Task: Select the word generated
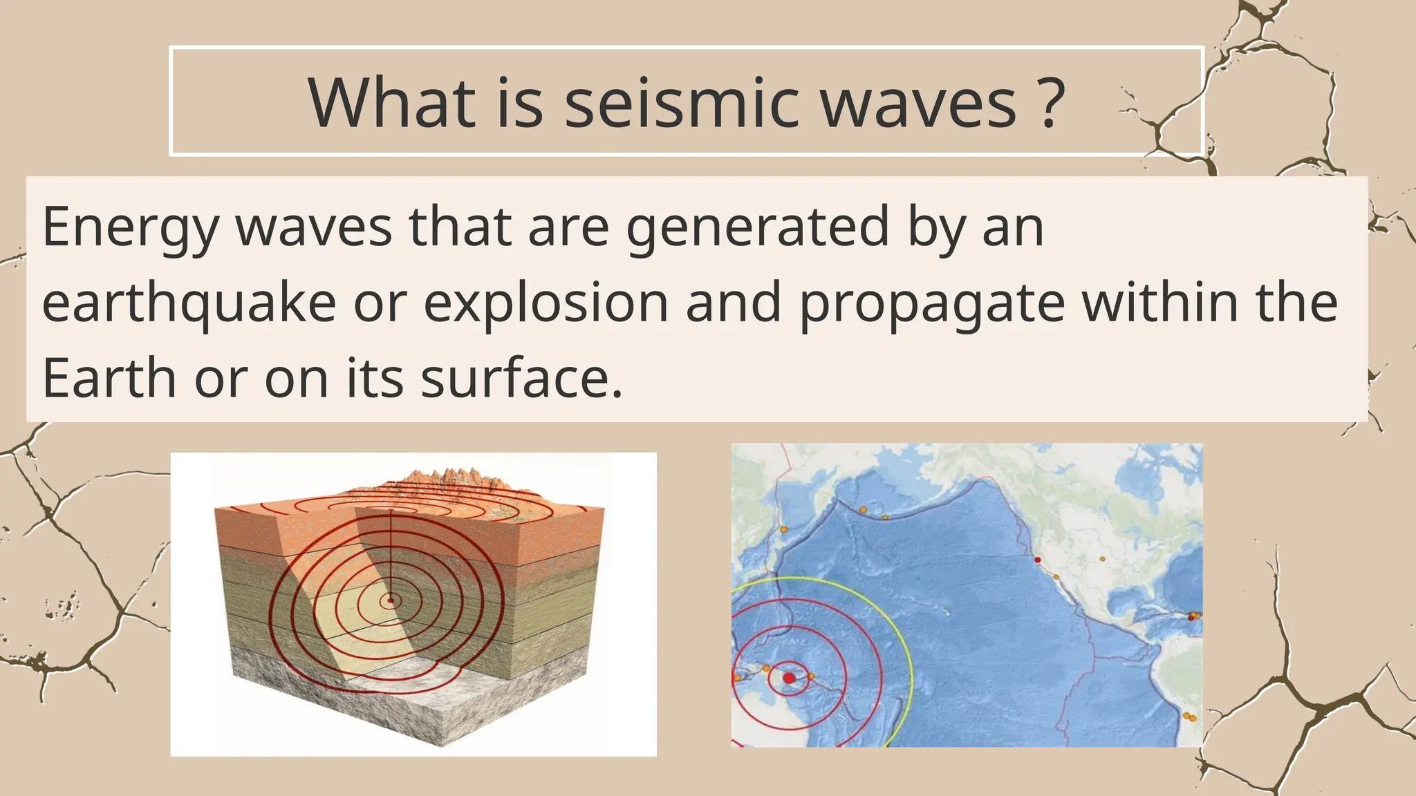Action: click(757, 228)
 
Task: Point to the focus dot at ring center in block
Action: click(391, 600)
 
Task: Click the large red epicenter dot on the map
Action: click(789, 678)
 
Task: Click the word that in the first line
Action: click(460, 228)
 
